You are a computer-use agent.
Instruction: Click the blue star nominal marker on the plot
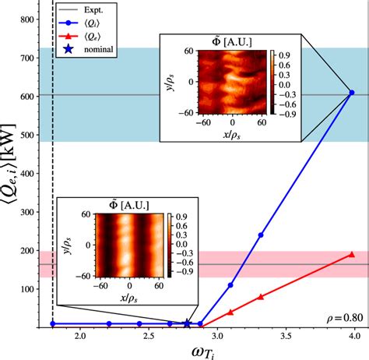click(187, 323)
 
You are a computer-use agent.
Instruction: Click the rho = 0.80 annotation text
click(344, 317)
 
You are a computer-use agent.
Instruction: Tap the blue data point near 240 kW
click(261, 235)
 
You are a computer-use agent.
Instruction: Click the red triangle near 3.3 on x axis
click(261, 297)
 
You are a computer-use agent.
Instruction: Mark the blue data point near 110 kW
click(230, 285)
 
